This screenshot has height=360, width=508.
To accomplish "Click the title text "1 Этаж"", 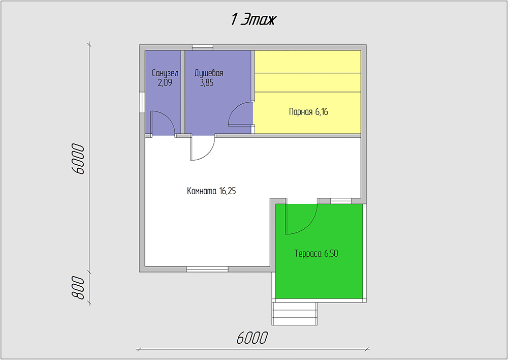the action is (253, 19).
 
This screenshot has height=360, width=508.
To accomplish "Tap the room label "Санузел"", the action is (165, 73).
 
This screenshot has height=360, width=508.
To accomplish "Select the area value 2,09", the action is (165, 83).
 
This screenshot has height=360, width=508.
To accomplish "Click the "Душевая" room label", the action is (209, 73).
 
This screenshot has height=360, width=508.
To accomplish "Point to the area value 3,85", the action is (207, 83).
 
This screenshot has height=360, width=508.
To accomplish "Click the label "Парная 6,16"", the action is (308, 112).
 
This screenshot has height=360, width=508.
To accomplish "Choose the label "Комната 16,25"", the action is (211, 191).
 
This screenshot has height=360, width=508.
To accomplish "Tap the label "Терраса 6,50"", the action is (316, 253).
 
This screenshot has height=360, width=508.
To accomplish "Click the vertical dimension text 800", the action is (78, 287).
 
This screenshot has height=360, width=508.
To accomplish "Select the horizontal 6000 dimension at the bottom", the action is (252, 338).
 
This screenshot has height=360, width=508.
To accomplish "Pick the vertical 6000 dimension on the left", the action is (78, 159).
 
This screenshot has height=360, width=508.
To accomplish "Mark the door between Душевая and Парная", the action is (240, 113).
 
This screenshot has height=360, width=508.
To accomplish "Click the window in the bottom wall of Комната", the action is (207, 269).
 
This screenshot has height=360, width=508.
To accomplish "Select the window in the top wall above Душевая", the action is (203, 47).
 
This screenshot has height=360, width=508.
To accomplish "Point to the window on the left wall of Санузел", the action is (142, 103).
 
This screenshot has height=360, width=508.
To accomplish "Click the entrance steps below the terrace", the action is (294, 314).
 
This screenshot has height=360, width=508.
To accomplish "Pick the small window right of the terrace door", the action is (341, 201).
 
